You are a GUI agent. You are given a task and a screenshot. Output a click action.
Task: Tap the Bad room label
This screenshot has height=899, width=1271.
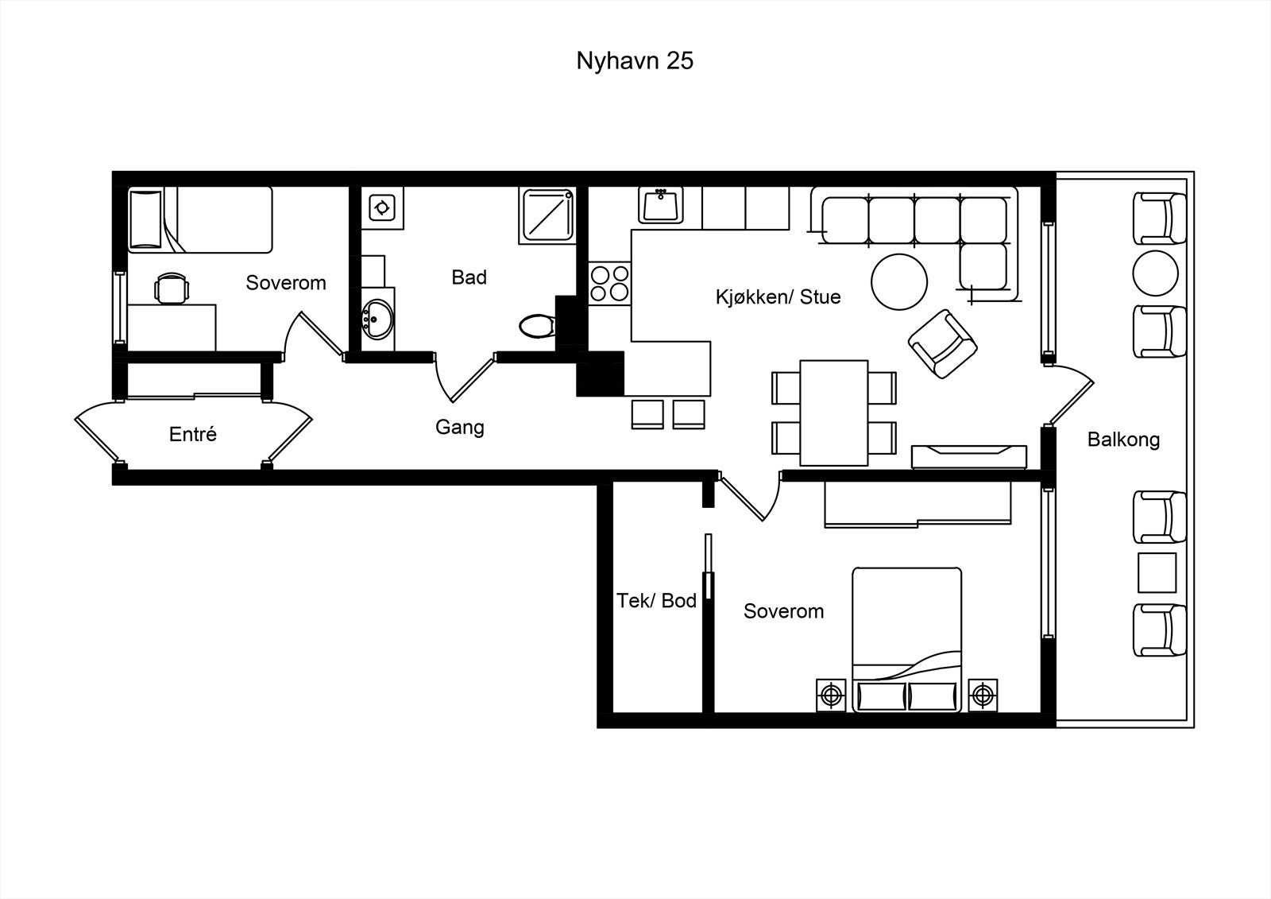point(469,277)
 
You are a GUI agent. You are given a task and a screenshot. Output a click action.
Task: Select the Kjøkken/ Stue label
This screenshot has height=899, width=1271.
point(778,296)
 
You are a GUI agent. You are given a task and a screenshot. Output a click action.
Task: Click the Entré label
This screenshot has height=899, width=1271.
point(193,434)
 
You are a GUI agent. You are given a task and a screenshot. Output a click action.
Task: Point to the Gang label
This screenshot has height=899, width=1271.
point(460,427)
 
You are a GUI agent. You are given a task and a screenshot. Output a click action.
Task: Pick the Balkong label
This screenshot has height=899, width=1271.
point(1123,440)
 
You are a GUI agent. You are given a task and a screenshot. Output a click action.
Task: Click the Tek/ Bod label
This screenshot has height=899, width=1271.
point(656,600)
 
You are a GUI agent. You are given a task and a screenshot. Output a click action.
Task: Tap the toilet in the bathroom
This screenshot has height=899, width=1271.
point(537,326)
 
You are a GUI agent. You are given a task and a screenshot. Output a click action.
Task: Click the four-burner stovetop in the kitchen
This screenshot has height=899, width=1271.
point(609,284)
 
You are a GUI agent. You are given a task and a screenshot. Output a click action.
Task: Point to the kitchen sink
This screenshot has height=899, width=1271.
point(660,205)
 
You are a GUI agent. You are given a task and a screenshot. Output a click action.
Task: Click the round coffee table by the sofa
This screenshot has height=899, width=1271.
point(899,281)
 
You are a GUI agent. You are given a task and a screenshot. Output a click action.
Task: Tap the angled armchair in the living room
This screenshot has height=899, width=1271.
point(942,344)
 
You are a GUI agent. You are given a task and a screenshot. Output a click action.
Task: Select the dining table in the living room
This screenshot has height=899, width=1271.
point(834,413)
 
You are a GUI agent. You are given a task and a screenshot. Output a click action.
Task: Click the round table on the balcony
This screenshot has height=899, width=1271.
point(1155,273)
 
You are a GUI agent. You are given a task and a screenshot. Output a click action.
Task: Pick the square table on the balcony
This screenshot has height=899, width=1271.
point(1157,572)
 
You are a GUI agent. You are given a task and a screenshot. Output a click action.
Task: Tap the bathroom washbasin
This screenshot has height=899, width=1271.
point(377,320)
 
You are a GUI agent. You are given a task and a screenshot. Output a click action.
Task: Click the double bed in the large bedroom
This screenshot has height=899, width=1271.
point(906,639)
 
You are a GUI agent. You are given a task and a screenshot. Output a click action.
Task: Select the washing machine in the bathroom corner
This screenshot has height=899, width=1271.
point(382,207)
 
